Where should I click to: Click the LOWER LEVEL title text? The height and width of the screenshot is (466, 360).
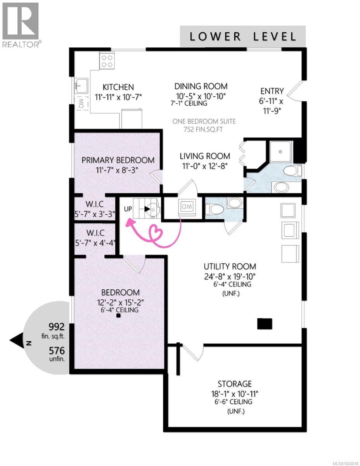click(x=243, y=37)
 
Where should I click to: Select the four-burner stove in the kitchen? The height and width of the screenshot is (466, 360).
click(x=107, y=61)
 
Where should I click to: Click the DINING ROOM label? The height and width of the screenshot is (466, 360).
click(x=201, y=86)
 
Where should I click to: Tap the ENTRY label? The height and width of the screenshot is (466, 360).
click(x=272, y=91)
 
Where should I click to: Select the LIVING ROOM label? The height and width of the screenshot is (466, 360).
click(x=204, y=156)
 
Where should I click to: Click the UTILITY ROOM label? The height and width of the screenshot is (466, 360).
click(x=230, y=266)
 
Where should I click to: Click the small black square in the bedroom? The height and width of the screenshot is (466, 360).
click(x=118, y=316)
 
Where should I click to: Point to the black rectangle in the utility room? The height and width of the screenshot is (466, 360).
click(x=265, y=323)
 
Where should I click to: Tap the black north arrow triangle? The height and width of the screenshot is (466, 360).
click(x=17, y=342)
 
